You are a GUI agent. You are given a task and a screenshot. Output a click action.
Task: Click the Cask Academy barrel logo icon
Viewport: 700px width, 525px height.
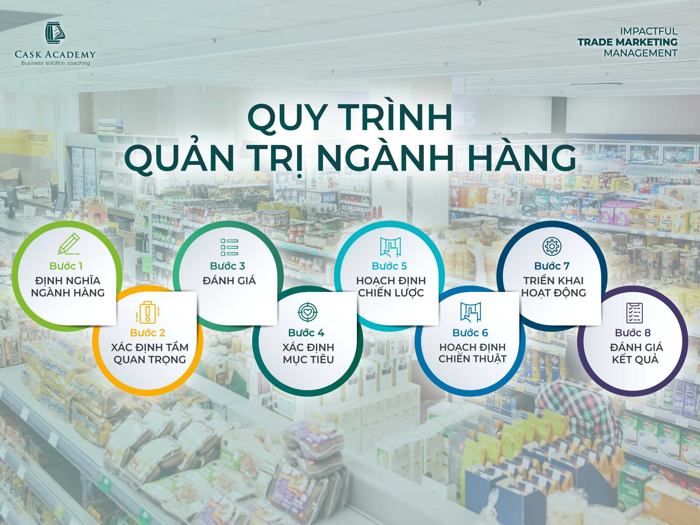pos(55,34)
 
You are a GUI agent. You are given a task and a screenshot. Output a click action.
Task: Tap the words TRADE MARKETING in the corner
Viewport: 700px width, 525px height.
pos(628,42)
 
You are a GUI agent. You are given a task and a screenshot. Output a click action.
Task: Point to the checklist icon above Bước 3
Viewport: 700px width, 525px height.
pos(230,247)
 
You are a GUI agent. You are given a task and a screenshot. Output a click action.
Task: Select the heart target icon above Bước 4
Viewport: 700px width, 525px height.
pos(307,312)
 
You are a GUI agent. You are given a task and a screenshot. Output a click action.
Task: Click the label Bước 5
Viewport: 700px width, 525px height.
pos(389,266)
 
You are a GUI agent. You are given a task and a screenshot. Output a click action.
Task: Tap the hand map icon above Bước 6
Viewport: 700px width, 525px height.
pos(470,312)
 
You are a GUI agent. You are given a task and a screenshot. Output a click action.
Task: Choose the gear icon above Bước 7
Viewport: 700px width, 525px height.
pos(552,246)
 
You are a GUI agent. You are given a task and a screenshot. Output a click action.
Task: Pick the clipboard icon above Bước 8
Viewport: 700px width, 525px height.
pos(635,313)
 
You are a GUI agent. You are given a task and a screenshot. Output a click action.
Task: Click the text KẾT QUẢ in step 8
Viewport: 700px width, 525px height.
pos(635,360)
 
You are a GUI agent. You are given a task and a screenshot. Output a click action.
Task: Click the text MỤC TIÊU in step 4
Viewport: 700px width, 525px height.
pos(308,360)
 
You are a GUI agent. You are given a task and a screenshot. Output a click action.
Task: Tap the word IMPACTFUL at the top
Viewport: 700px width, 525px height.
pos(649,31)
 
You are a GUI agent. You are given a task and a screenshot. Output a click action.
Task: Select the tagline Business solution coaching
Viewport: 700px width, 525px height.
pos(55,63)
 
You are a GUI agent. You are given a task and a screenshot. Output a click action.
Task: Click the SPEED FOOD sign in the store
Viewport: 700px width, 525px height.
pos(38,138)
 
